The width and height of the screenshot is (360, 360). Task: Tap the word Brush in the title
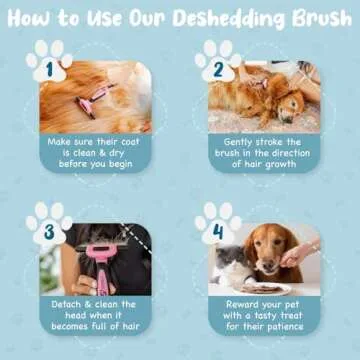click(314, 21)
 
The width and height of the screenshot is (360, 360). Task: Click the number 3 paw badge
click(47, 232)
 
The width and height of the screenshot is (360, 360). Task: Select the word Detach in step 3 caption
click(67, 303)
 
